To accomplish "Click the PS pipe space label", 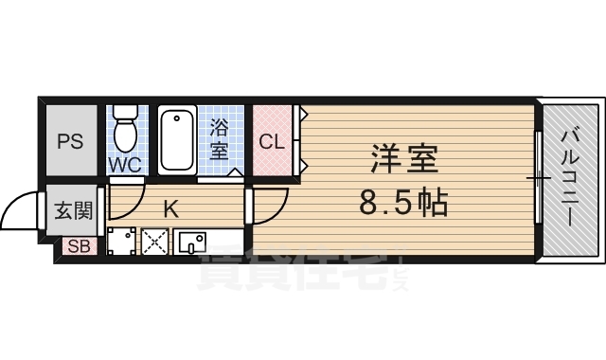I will tap(69, 142).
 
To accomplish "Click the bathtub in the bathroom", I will tap(177, 140).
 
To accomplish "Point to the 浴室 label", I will tap(219, 138).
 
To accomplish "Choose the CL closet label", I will tap(273, 143).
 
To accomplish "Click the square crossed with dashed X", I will tap(154, 243).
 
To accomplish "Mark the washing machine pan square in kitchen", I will tap(121, 243).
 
